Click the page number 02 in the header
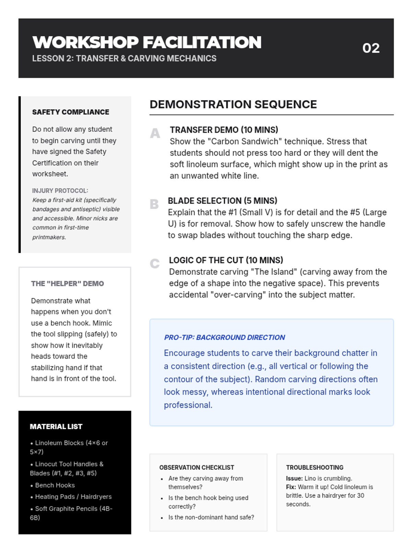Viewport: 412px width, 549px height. click(x=371, y=48)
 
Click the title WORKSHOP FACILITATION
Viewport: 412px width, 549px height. click(x=147, y=43)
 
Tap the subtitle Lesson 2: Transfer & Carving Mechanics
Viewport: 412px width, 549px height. click(x=124, y=58)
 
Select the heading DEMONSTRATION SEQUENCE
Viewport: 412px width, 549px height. click(x=233, y=104)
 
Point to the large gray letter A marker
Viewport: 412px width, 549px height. click(x=155, y=133)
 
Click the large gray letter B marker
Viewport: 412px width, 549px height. click(x=154, y=204)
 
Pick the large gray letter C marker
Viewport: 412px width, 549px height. click(x=155, y=264)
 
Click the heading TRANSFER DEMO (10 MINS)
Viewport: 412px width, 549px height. click(x=224, y=130)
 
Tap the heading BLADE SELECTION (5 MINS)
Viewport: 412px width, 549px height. click(x=222, y=201)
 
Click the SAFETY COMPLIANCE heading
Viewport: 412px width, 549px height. click(x=71, y=112)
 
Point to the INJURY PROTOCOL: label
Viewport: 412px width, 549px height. click(x=60, y=190)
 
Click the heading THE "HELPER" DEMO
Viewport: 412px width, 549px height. click(x=67, y=283)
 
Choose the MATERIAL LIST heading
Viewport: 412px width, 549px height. click(x=56, y=427)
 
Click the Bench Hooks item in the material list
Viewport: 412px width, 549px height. click(x=55, y=485)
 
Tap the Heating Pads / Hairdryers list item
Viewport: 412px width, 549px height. click(x=73, y=497)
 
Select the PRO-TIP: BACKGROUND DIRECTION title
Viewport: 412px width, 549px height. click(x=225, y=337)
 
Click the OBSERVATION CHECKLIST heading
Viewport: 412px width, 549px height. click(x=197, y=467)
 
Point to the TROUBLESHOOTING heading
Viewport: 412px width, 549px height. click(x=314, y=467)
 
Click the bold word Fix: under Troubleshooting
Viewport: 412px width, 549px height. click(x=291, y=487)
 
